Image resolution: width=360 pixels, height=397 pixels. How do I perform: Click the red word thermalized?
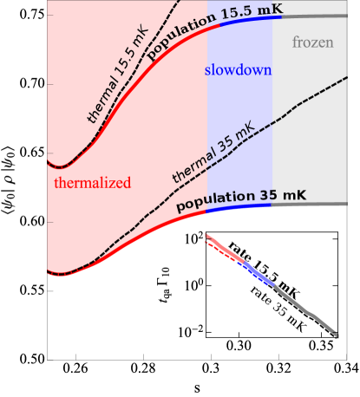coord(92,183)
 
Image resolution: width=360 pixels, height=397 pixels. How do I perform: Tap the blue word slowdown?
coord(239,69)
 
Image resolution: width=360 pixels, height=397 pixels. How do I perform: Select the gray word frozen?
coord(312,42)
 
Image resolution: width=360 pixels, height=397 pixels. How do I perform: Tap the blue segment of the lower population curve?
coord(239,207)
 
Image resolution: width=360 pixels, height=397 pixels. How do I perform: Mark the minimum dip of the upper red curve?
coord(58,166)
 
